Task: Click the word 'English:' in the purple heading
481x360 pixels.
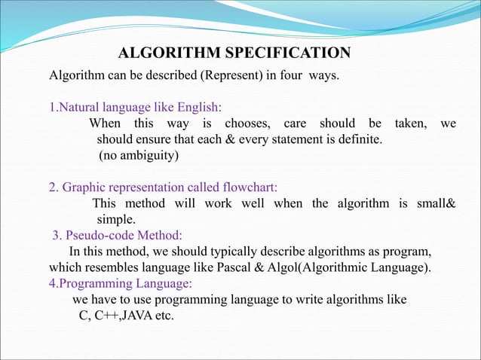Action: point(198,106)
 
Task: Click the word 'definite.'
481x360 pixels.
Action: point(357,139)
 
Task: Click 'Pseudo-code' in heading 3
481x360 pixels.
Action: point(99,235)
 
